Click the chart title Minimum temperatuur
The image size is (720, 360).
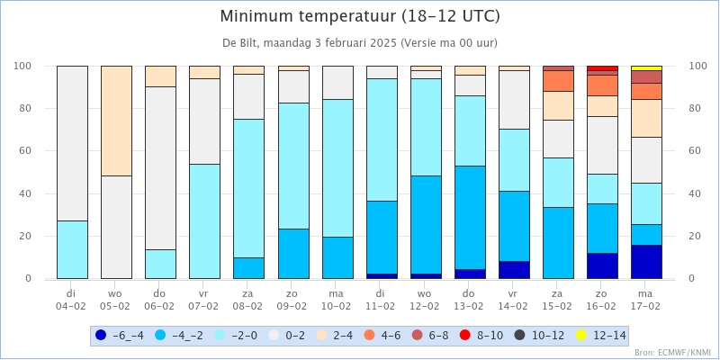coord(360,17)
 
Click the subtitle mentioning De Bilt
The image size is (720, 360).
coord(360,42)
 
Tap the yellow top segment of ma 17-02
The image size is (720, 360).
coord(646,68)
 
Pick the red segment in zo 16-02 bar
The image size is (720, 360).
coord(602,68)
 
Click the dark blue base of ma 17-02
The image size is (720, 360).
coord(646,262)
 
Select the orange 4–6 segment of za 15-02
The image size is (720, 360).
coord(558,81)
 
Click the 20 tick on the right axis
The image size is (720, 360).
coord(695,236)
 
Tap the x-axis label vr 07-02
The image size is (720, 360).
coord(204,299)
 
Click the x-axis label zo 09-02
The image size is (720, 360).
coord(292,299)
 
